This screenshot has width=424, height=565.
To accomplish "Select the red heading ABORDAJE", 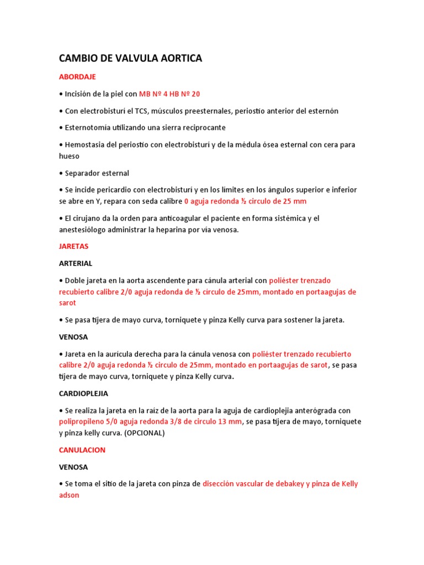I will pyautogui.click(x=77, y=77).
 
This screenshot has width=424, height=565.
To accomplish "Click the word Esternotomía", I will pyautogui.click(x=87, y=127).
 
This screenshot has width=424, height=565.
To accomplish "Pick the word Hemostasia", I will pyautogui.click(x=84, y=145).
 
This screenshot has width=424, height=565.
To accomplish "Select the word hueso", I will pyautogui.click(x=69, y=156).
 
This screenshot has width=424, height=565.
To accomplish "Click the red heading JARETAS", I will pyautogui.click(x=74, y=246).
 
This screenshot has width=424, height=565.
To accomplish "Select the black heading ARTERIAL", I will pyautogui.click(x=76, y=263).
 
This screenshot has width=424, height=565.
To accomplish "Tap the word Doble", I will pyautogui.click(x=76, y=280).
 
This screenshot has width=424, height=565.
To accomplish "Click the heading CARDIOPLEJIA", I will pyautogui.click(x=83, y=393).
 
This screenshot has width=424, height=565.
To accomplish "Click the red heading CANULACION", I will pyautogui.click(x=82, y=450).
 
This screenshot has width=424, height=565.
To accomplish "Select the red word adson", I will pyautogui.click(x=69, y=495).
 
